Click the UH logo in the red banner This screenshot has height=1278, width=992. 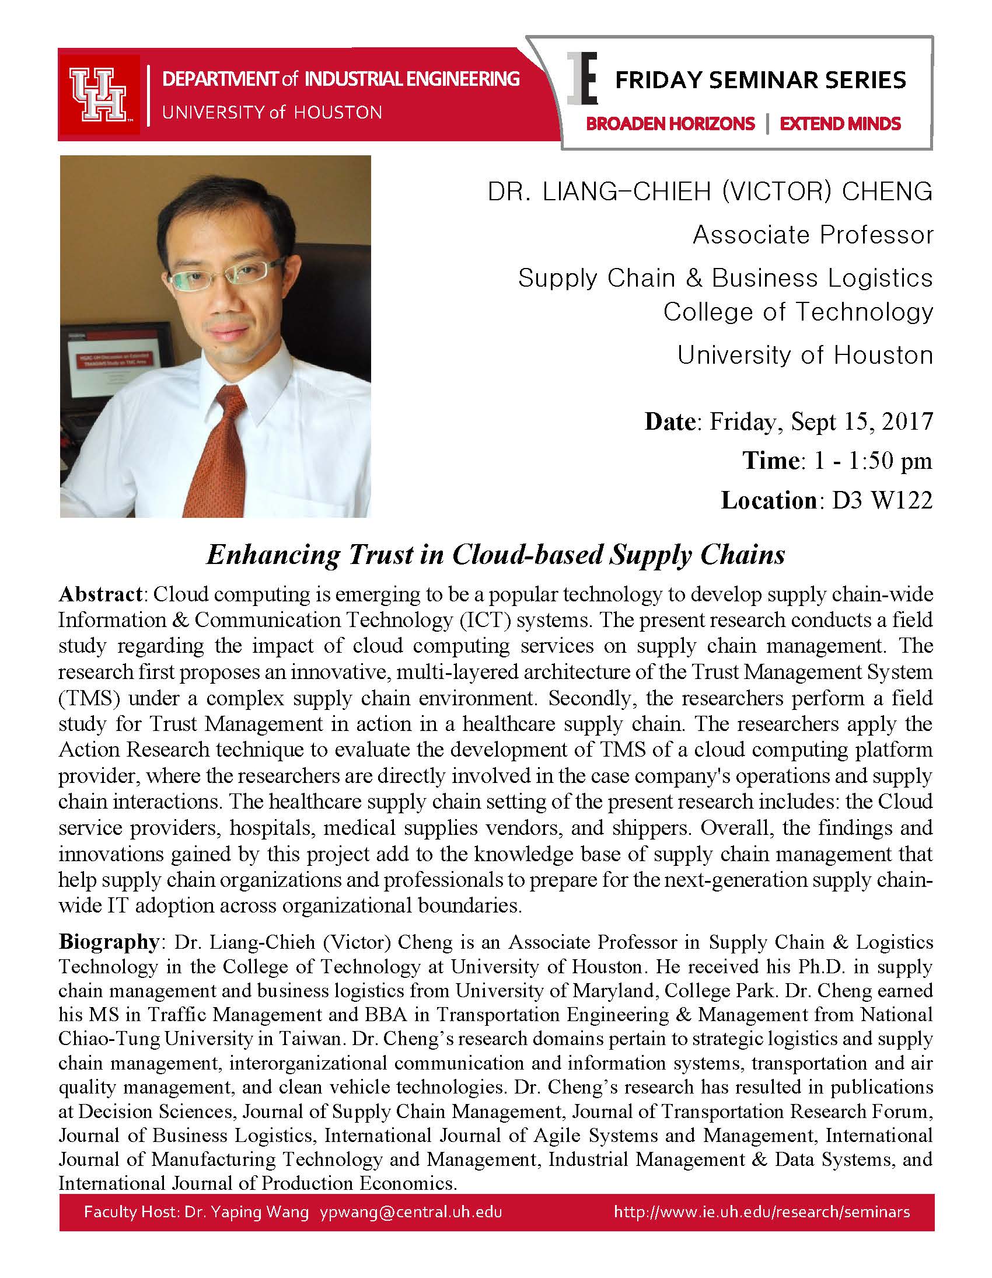[x=97, y=94]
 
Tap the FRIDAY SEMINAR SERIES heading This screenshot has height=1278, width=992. [x=760, y=80]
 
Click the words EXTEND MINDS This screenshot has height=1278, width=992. [x=840, y=124]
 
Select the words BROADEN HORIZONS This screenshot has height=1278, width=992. [x=670, y=124]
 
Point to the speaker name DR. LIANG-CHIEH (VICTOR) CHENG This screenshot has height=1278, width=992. [x=710, y=192]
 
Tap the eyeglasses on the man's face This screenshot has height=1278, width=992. [x=222, y=273]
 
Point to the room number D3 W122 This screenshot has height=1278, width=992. [x=882, y=500]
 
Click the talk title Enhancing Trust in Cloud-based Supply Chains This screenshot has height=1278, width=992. [x=495, y=555]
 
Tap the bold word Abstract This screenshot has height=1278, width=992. [x=100, y=594]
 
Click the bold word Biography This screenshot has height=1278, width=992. [x=108, y=942]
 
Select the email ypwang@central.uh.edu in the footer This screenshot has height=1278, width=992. [x=411, y=1211]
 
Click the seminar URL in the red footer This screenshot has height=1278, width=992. [x=762, y=1211]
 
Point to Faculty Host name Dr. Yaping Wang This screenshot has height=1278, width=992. [x=246, y=1211]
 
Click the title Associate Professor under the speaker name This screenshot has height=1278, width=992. [x=812, y=235]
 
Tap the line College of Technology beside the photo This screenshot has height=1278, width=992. [x=797, y=312]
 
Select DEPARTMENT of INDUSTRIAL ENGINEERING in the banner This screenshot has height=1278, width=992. [x=340, y=79]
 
